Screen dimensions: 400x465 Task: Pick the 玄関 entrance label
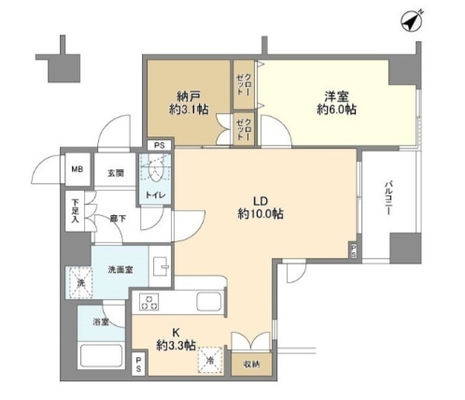[x=114, y=172]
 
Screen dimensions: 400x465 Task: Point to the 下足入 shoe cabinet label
[x=74, y=207]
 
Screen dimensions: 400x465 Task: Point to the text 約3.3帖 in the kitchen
[x=176, y=345]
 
